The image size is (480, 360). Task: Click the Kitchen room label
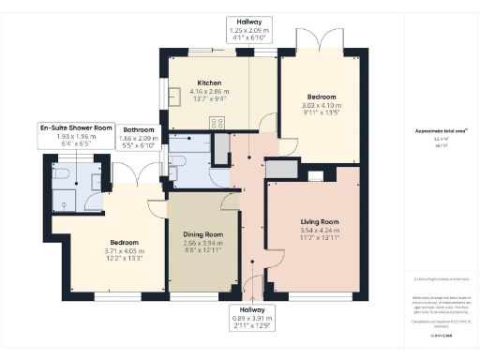(209, 82)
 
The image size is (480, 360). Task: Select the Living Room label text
(312, 221)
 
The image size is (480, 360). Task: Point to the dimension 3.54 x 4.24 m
(312, 231)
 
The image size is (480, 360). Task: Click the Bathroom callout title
(138, 129)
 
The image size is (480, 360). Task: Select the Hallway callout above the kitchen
(249, 21)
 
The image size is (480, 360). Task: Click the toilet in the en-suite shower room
(59, 174)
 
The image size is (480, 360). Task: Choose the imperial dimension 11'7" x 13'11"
(312, 239)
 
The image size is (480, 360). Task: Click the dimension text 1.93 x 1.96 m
(76, 137)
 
